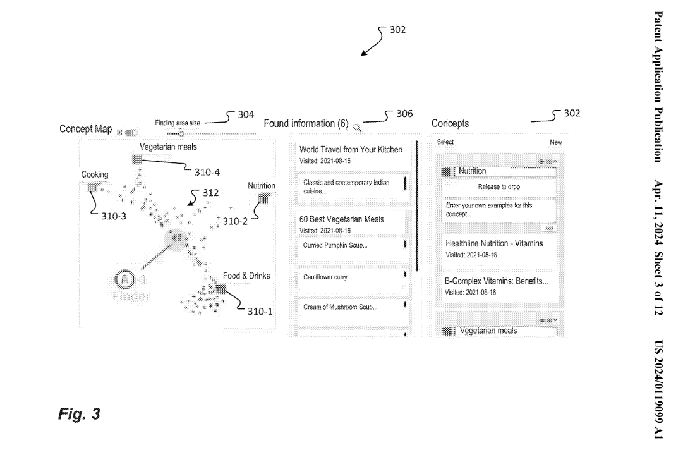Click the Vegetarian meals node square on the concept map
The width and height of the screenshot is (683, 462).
(136, 159)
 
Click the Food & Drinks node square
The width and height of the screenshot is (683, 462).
(221, 289)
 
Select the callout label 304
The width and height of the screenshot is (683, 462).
(246, 114)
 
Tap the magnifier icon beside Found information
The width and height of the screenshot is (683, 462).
(357, 127)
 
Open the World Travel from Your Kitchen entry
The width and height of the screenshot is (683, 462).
(351, 150)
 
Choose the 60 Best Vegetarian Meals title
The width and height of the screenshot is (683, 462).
(341, 219)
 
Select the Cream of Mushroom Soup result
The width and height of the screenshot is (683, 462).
(340, 307)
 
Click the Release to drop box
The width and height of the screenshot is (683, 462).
(499, 187)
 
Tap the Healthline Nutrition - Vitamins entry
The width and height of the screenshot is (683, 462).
(494, 243)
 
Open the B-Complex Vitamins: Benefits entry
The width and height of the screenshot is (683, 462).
(497, 282)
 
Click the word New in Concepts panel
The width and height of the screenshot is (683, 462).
(555, 143)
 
